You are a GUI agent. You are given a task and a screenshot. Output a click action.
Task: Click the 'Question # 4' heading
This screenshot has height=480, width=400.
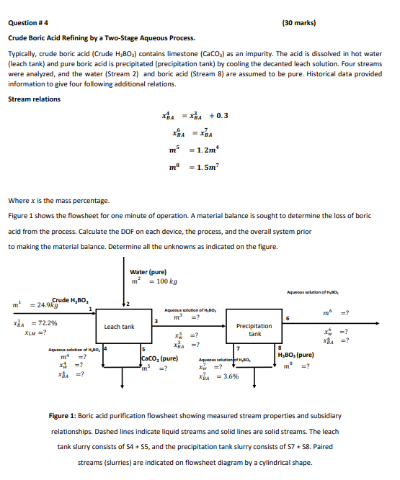coord(28,22)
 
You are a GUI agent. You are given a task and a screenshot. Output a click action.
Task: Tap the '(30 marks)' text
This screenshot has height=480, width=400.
coord(299,22)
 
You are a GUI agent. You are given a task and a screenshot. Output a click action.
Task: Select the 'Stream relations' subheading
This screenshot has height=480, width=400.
coord(34,99)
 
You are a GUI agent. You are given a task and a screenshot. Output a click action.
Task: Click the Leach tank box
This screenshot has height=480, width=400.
coord(119,327)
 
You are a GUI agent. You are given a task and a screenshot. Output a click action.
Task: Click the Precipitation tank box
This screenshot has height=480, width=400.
coord(254,330)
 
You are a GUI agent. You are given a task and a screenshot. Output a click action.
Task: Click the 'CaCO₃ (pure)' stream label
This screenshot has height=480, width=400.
coord(160,358)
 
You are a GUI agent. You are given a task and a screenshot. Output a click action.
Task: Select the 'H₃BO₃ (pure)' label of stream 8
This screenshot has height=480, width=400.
coord(296,354)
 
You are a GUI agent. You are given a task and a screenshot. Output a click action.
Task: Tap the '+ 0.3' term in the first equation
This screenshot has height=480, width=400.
coord(218,116)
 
